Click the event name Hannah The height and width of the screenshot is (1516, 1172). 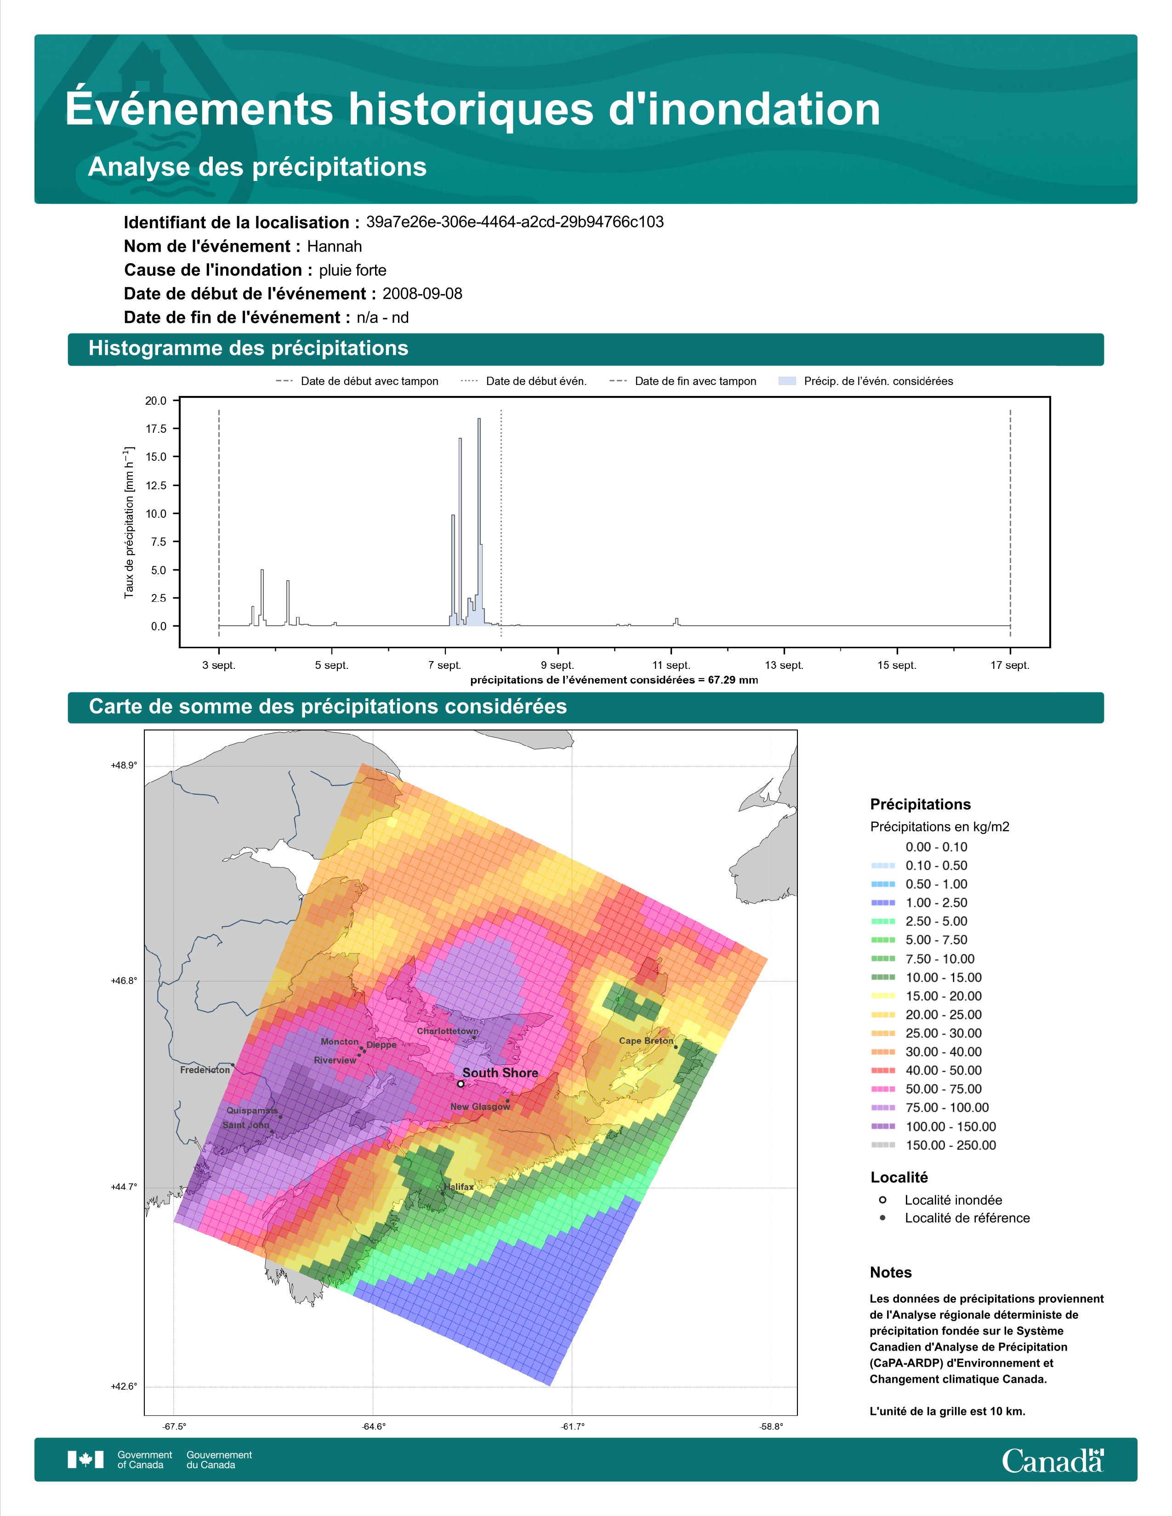(334, 246)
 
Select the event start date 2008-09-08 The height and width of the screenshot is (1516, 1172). (422, 294)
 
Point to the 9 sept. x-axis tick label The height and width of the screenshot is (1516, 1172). (558, 665)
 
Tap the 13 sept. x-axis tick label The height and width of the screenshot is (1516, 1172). (784, 665)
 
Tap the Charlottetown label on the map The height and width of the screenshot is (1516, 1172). (447, 1031)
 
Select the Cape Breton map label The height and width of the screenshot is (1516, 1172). (646, 1041)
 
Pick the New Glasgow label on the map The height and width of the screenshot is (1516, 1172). (480, 1107)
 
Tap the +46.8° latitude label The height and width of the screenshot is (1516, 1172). (124, 981)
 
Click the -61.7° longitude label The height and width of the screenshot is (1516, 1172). (573, 1426)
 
